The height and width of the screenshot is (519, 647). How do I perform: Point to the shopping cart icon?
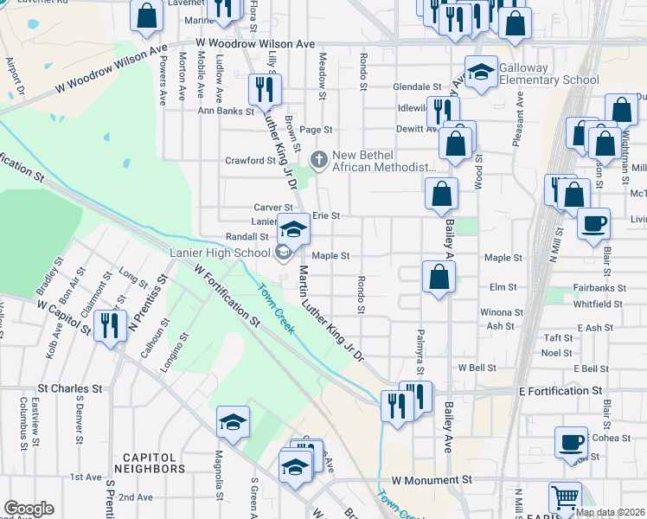[565, 497]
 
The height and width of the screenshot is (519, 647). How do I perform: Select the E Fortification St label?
[560, 391]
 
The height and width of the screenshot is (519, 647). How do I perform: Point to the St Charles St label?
[70, 389]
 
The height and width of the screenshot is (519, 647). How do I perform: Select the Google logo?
[29, 509]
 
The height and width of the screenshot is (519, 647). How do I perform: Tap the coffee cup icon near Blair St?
[593, 223]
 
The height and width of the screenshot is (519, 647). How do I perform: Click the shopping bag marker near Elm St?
[439, 276]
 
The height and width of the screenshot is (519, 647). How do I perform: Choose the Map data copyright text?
[610, 512]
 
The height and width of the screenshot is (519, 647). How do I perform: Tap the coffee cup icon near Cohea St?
[571, 442]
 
